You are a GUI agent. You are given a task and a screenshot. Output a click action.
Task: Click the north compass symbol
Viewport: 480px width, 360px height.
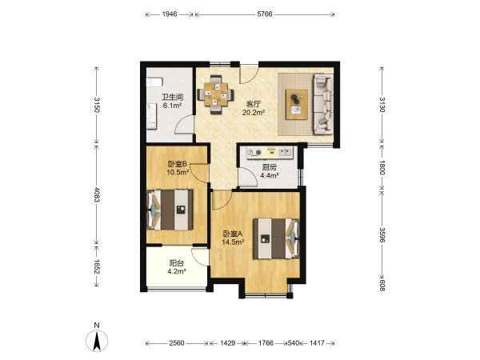[97, 341]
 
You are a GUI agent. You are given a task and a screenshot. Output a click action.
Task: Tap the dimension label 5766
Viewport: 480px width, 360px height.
[265, 14]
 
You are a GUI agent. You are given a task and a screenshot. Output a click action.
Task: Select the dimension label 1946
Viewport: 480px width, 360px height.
[170, 14]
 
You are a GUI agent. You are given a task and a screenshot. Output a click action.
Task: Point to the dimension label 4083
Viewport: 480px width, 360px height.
[97, 194]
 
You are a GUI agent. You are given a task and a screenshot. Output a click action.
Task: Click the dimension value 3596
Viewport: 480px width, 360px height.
[382, 234]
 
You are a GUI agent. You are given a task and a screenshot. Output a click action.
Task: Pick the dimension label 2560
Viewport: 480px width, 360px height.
[177, 343]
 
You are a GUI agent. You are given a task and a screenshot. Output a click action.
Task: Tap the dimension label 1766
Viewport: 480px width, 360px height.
[266, 343]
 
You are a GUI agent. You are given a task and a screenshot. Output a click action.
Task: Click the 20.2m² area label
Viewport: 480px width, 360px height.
[254, 113]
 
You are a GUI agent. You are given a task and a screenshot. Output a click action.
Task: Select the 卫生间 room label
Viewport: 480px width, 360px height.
[172, 98]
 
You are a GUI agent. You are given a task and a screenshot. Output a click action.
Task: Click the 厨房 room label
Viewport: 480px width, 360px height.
[270, 167]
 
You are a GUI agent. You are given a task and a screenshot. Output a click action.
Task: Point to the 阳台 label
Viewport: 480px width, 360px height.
[177, 263]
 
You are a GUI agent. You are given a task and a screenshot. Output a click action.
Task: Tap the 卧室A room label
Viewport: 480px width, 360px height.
[233, 234]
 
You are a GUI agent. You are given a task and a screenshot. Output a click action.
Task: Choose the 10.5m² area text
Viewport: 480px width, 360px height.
[178, 172]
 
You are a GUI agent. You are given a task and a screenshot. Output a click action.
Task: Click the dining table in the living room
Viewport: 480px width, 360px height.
[216, 94]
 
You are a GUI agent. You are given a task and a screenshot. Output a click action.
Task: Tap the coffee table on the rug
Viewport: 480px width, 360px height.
[297, 104]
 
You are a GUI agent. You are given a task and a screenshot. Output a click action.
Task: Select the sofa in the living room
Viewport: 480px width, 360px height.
[323, 104]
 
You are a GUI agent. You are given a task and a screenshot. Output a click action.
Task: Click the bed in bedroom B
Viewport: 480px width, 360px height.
[170, 210]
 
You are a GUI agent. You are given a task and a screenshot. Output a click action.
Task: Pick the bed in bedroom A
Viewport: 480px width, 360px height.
[276, 238]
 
